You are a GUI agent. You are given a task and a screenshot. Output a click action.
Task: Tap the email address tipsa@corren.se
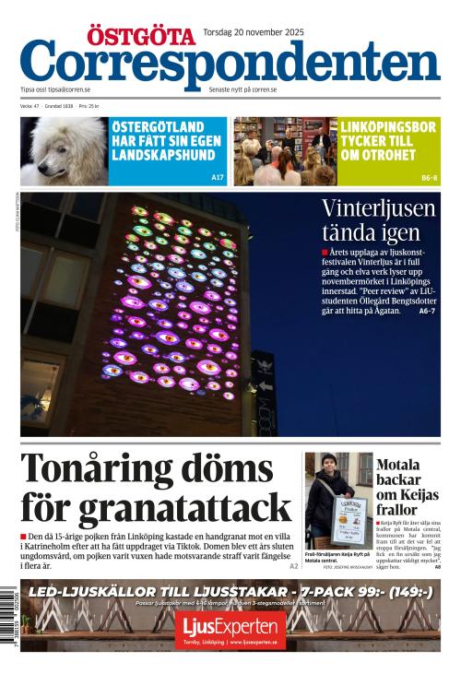tap(69, 89)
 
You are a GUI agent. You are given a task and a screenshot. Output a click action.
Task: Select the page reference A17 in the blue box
tap(217, 176)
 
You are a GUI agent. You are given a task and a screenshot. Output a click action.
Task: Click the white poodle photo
tap(64, 150)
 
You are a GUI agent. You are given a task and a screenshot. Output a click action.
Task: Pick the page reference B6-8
tap(430, 177)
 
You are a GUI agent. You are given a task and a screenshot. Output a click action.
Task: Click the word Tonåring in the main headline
tap(105, 469)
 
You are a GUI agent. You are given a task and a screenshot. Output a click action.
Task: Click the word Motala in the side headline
tap(397, 465)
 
